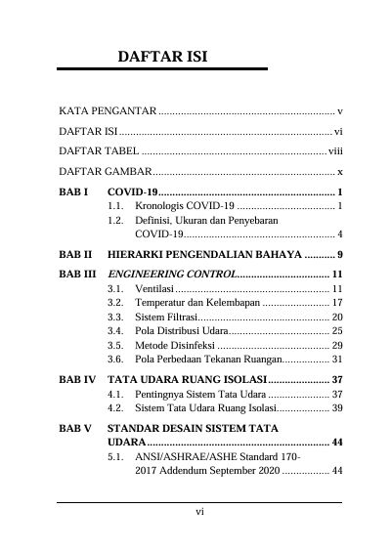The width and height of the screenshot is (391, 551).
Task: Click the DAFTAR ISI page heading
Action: [161, 57]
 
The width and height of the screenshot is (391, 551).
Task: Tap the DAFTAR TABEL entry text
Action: [99, 151]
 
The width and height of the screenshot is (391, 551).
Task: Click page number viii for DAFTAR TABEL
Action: [335, 151]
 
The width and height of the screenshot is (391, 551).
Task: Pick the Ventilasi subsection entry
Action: [154, 289]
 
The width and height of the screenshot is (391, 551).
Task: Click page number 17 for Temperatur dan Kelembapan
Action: [334, 304]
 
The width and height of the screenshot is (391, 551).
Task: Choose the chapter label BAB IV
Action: [76, 379]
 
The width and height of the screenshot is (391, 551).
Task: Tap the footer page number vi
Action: [199, 511]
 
